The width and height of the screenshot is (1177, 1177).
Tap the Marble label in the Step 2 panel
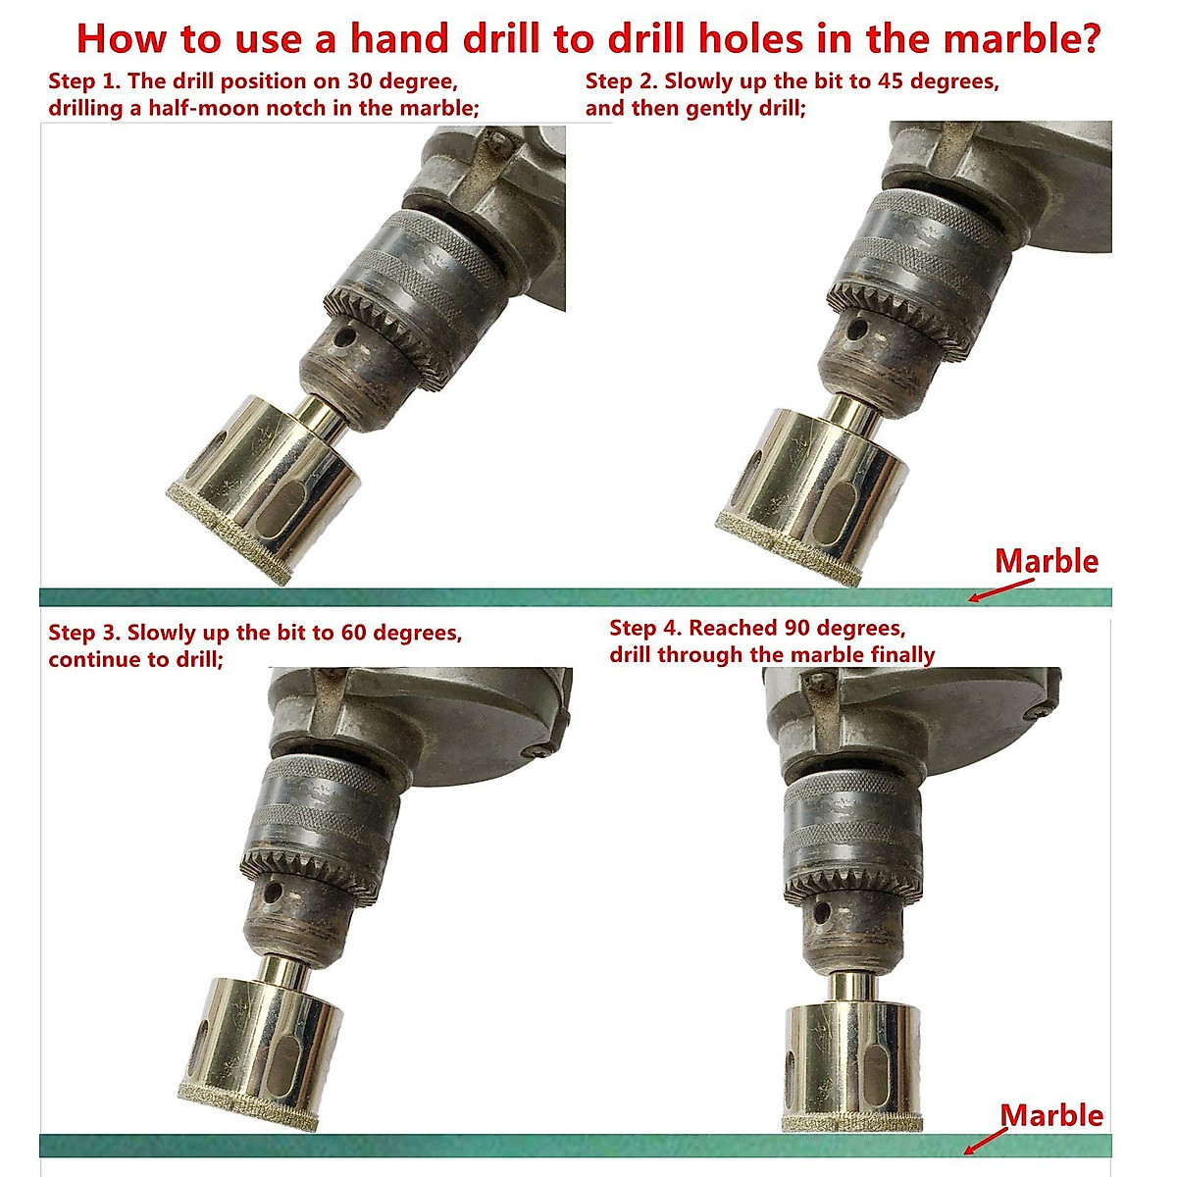(x=1047, y=562)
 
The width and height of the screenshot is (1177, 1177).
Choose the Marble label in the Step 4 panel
(x=1050, y=1115)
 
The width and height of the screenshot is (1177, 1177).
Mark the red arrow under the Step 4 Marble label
(x=986, y=1141)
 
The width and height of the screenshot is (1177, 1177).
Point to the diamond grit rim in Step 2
(x=785, y=554)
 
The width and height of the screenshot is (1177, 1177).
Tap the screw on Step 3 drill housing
(x=540, y=751)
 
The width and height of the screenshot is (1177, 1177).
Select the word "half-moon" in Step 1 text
(x=195, y=108)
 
